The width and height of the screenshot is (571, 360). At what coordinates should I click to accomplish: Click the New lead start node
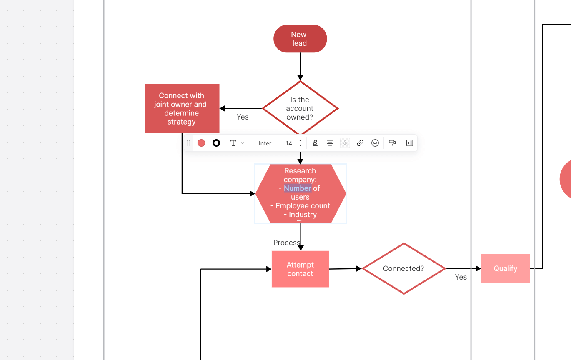(300, 39)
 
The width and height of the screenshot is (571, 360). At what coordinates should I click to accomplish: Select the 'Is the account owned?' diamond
(300, 108)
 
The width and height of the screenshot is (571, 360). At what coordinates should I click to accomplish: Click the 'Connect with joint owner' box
(182, 108)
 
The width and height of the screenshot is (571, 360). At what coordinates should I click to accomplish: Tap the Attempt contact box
(300, 269)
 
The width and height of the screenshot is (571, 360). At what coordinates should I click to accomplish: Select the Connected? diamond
(403, 269)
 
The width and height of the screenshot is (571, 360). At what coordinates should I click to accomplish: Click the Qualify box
(505, 268)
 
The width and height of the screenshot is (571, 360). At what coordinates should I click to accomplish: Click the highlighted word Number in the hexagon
(297, 188)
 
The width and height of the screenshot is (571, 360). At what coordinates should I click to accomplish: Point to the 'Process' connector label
(286, 242)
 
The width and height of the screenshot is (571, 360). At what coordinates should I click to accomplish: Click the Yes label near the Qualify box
(461, 277)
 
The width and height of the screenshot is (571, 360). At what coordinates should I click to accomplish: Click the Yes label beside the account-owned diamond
(243, 117)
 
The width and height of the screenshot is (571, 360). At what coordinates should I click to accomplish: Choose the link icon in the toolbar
(360, 143)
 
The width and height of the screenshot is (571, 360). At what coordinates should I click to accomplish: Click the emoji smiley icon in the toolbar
(375, 143)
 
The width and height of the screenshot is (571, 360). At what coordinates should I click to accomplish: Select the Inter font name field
(265, 143)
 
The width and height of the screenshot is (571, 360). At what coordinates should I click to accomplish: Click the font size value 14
(289, 143)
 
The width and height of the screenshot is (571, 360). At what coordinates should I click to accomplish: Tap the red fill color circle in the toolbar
(201, 143)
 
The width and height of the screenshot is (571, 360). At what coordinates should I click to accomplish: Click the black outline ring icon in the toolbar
(216, 143)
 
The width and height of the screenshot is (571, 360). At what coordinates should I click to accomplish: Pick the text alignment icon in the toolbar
(330, 143)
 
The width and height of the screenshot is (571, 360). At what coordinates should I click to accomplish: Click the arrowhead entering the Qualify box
(478, 269)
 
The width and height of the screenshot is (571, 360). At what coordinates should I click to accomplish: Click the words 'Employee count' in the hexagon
(303, 206)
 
